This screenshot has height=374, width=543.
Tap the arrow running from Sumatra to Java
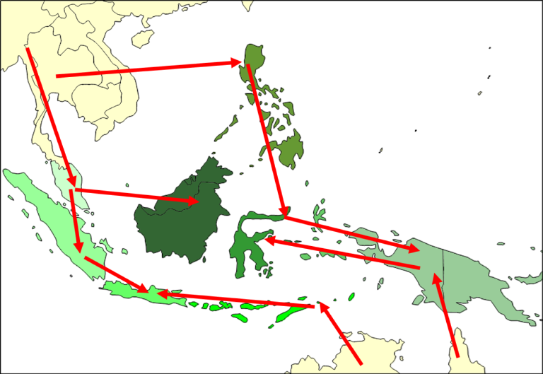click(x=113, y=273)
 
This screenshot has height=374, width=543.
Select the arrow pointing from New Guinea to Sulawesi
click(x=339, y=253)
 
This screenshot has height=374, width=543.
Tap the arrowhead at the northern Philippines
click(x=237, y=63)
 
